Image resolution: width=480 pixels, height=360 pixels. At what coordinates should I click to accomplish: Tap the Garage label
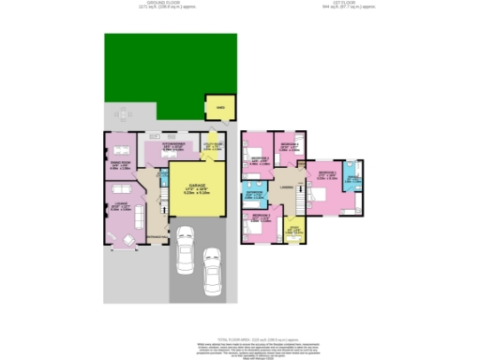tap(196, 187)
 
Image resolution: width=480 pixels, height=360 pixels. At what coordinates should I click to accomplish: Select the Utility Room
tap(211, 147)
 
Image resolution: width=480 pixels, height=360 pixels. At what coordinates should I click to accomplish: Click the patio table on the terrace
tap(123, 115)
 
